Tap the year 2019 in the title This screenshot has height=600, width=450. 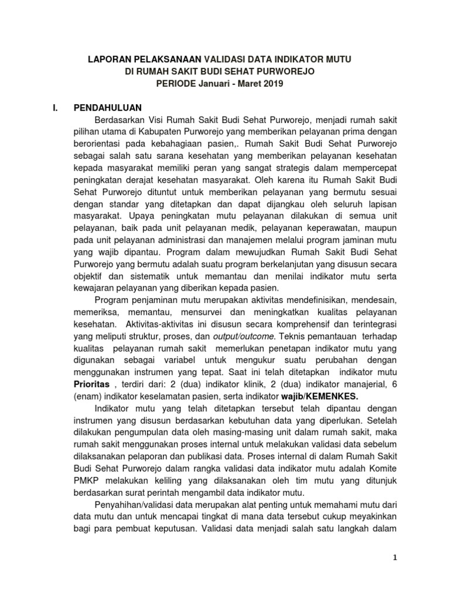coord(271,84)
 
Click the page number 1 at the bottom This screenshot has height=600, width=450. coord(396,557)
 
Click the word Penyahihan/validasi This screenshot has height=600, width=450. coord(135,506)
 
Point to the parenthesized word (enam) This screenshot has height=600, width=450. coord(89,396)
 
